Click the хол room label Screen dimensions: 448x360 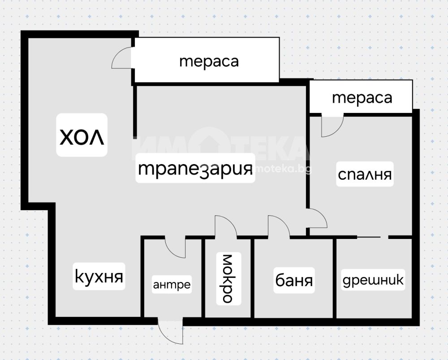(x=82, y=137)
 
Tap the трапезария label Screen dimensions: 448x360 (x=195, y=169)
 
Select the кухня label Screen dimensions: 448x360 (x=99, y=277)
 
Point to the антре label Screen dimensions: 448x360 (x=172, y=285)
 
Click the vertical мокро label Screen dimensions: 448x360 (x=228, y=278)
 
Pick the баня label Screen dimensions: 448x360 (x=294, y=280)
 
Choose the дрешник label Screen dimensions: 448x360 (x=373, y=280)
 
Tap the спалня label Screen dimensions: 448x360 (x=365, y=174)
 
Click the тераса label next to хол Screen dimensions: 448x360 (x=209, y=61)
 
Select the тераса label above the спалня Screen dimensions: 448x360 (x=362, y=98)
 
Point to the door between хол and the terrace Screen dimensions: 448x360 (x=122, y=58)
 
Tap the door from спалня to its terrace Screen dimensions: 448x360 (x=332, y=125)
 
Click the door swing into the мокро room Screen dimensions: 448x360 (x=226, y=226)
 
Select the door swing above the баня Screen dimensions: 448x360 (x=279, y=226)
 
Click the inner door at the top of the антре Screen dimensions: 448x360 (x=176, y=248)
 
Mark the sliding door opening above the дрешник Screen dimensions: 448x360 (x=373, y=237)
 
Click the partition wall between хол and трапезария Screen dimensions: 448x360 (x=135, y=110)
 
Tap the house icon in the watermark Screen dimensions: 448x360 (x=209, y=143)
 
